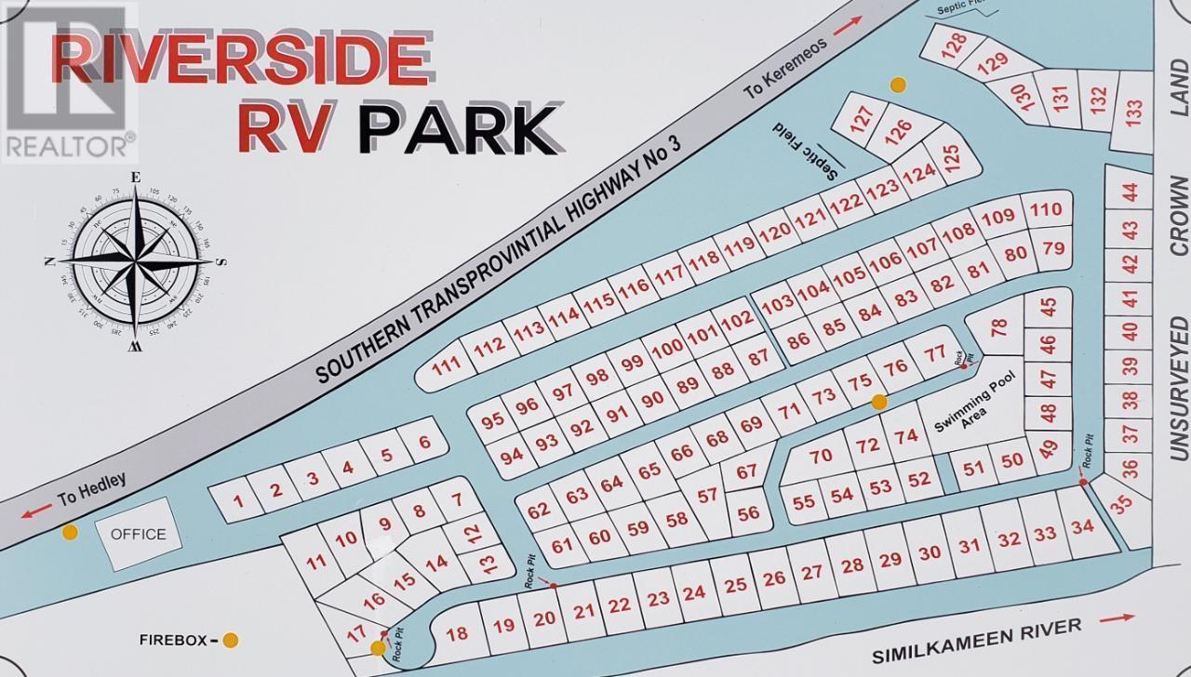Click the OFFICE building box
(139, 534)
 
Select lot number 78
(998, 327)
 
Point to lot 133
(1132, 113)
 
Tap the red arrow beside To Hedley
(37, 511)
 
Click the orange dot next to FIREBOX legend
(230, 640)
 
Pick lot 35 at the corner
(1122, 503)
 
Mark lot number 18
(456, 634)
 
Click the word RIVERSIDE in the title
(230, 58)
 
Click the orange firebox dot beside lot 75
(877, 402)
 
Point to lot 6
(424, 442)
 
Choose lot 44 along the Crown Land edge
(1130, 192)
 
